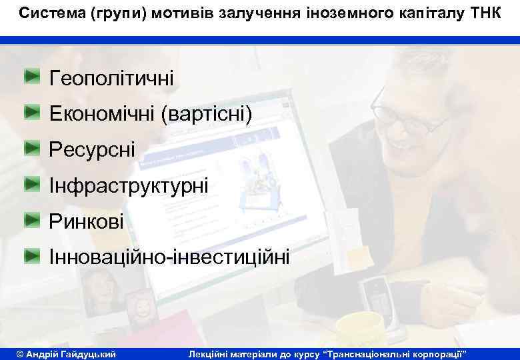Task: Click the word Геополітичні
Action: click(111, 79)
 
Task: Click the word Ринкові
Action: click(87, 221)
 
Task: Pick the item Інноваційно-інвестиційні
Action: click(169, 257)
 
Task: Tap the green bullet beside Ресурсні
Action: click(33, 147)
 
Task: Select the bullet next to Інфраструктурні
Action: click(33, 182)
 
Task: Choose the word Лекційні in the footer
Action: click(215, 352)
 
